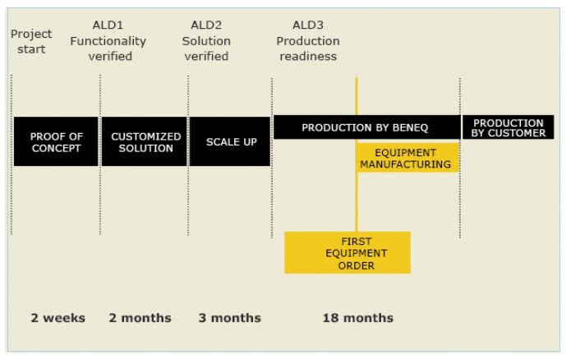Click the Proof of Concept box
[x=56, y=141]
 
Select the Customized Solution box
[x=145, y=141]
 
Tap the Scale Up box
[x=230, y=141]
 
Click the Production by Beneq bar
[x=367, y=127]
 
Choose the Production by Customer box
[x=508, y=127]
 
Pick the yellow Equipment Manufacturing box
[x=408, y=158]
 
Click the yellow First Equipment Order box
[x=348, y=252]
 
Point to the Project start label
[x=31, y=42]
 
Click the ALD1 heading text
[x=108, y=25]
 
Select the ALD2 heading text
[x=206, y=25]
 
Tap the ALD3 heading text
[x=308, y=25]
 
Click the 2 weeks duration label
[x=58, y=318]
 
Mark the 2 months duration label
[x=140, y=318]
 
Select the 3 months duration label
[x=230, y=318]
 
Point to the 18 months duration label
[x=358, y=318]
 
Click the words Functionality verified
[x=108, y=48]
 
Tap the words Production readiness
[x=308, y=48]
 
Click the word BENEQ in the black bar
[x=410, y=127]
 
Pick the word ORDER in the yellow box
[x=356, y=265]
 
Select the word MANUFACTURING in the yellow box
[x=405, y=164]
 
